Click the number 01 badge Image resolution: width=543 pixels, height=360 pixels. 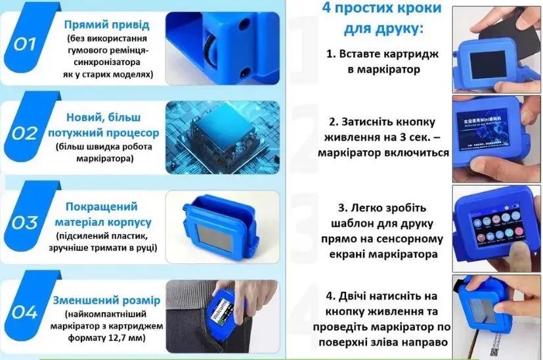coord(24,44)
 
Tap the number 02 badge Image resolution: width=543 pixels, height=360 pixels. coord(25,133)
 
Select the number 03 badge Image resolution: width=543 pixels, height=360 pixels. coord(25,223)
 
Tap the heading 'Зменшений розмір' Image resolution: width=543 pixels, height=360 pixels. coord(106,301)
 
